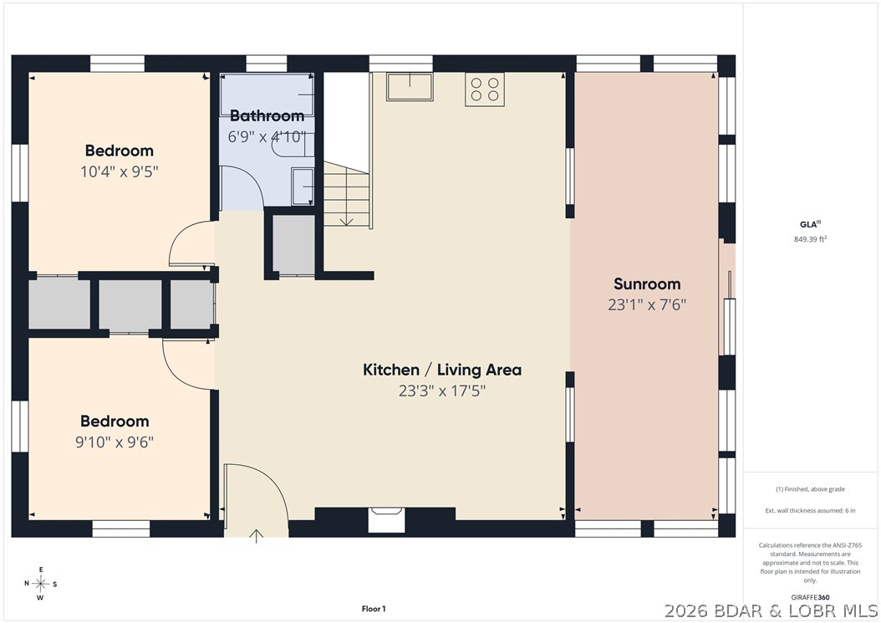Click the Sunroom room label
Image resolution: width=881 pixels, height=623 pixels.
(x=647, y=284)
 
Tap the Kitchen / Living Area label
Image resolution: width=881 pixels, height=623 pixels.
(x=442, y=370)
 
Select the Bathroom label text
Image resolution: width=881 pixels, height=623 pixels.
(x=267, y=116)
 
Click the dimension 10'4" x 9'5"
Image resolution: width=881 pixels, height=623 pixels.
(x=120, y=171)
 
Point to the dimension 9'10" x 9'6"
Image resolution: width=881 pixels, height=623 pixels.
(x=115, y=442)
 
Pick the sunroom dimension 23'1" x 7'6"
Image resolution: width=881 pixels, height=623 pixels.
(x=647, y=304)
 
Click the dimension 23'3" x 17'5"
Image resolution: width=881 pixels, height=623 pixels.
(x=442, y=391)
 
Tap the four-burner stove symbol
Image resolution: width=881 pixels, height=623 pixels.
(x=484, y=89)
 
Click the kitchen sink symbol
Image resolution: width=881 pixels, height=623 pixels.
(x=410, y=87)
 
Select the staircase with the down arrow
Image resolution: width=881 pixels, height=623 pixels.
(x=347, y=195)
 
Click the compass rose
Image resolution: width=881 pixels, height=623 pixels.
(x=41, y=584)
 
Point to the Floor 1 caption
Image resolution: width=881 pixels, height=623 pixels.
(x=374, y=609)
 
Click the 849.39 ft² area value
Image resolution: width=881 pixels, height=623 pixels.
(x=810, y=239)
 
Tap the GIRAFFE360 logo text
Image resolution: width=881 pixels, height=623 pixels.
(x=810, y=597)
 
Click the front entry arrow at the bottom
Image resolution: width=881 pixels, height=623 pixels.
(x=257, y=536)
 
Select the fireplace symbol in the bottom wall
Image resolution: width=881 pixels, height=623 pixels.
(x=386, y=519)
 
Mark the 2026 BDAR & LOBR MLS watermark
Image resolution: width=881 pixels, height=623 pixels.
(x=771, y=610)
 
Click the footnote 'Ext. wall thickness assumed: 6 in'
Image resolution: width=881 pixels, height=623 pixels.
(x=810, y=511)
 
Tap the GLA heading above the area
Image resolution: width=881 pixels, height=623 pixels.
(x=810, y=224)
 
